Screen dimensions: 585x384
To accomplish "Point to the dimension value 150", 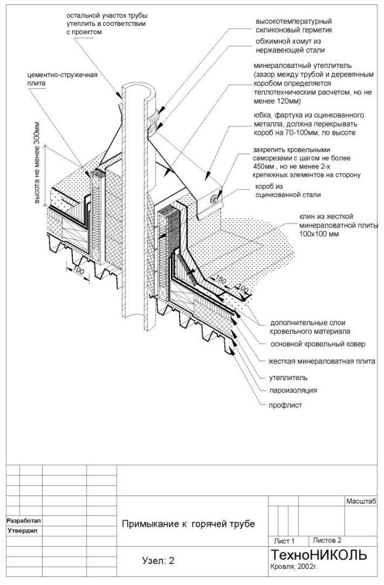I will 220,281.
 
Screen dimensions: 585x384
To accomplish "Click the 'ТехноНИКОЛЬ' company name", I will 319,555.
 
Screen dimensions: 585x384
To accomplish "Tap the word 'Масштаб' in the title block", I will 361,504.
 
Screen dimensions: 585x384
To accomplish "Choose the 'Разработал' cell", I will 23,520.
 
